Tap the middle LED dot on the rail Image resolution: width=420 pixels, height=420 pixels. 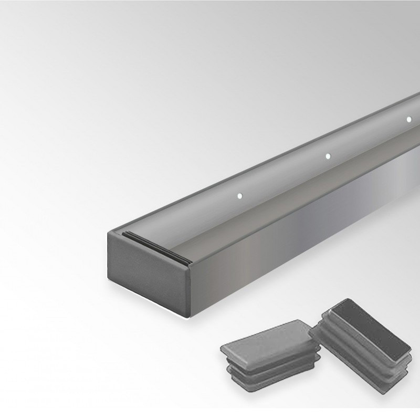click(x=328, y=156)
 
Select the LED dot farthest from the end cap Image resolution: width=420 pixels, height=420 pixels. click(x=409, y=119)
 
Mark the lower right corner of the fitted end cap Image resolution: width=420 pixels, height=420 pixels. click(x=186, y=315)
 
